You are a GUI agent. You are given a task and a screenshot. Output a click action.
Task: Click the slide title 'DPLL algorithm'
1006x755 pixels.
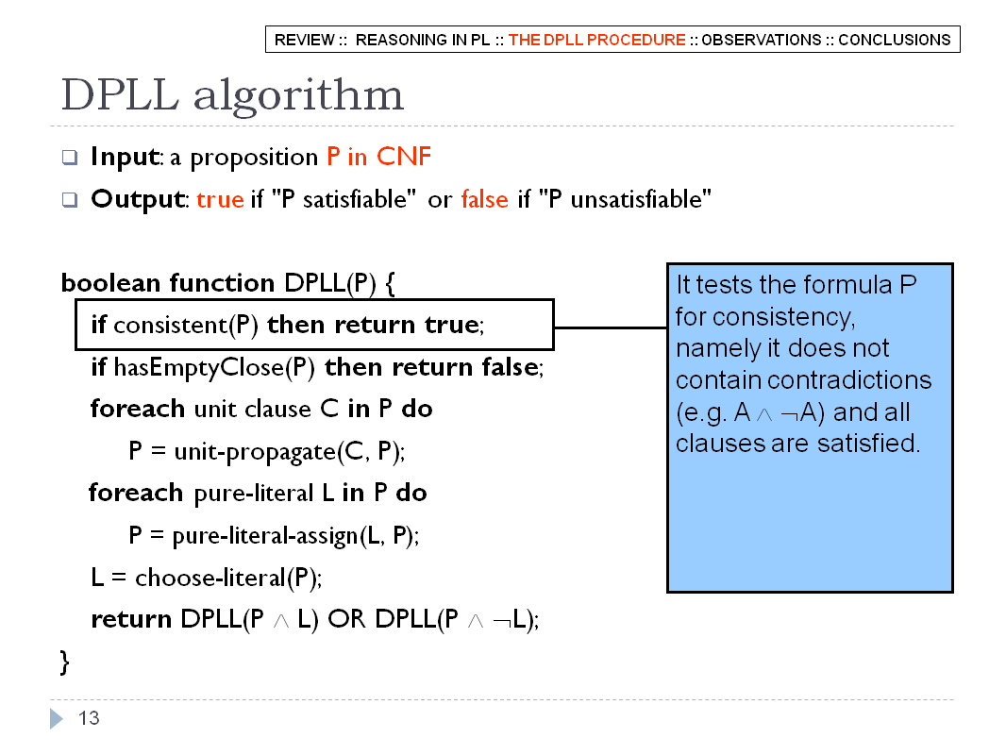click(x=232, y=95)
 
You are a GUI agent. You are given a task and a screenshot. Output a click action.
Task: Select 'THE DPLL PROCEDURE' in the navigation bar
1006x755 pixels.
click(x=596, y=40)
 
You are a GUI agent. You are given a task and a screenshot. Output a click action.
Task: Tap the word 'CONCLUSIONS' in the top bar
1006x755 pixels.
click(x=895, y=40)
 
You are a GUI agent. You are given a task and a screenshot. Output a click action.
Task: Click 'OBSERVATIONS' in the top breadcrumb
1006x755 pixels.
click(x=761, y=40)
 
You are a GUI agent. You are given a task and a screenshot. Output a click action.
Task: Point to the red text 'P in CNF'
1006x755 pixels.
click(x=378, y=157)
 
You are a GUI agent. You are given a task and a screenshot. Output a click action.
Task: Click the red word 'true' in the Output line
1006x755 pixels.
click(x=220, y=199)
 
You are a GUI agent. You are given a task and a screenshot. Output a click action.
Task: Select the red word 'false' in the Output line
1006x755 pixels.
click(x=484, y=199)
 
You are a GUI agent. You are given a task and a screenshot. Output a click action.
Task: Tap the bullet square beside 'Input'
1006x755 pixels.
click(x=70, y=158)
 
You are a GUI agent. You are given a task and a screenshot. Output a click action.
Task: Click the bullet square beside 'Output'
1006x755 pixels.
click(x=70, y=199)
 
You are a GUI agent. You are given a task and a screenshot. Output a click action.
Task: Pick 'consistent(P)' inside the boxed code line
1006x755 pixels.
click(x=185, y=326)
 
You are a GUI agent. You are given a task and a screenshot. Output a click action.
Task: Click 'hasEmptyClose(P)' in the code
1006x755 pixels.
click(x=214, y=367)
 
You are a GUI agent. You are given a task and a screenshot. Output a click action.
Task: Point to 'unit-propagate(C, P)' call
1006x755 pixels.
click(x=288, y=452)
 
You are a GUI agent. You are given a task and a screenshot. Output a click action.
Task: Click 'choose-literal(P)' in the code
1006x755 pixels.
click(x=227, y=578)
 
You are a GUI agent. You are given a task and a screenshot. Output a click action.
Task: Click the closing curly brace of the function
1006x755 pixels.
click(x=64, y=662)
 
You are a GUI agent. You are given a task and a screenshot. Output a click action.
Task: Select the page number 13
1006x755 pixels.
click(x=89, y=718)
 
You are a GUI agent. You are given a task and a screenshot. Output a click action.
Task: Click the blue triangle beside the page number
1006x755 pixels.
click(x=57, y=718)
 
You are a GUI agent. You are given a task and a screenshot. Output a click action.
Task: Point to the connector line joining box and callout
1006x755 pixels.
click(x=611, y=327)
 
